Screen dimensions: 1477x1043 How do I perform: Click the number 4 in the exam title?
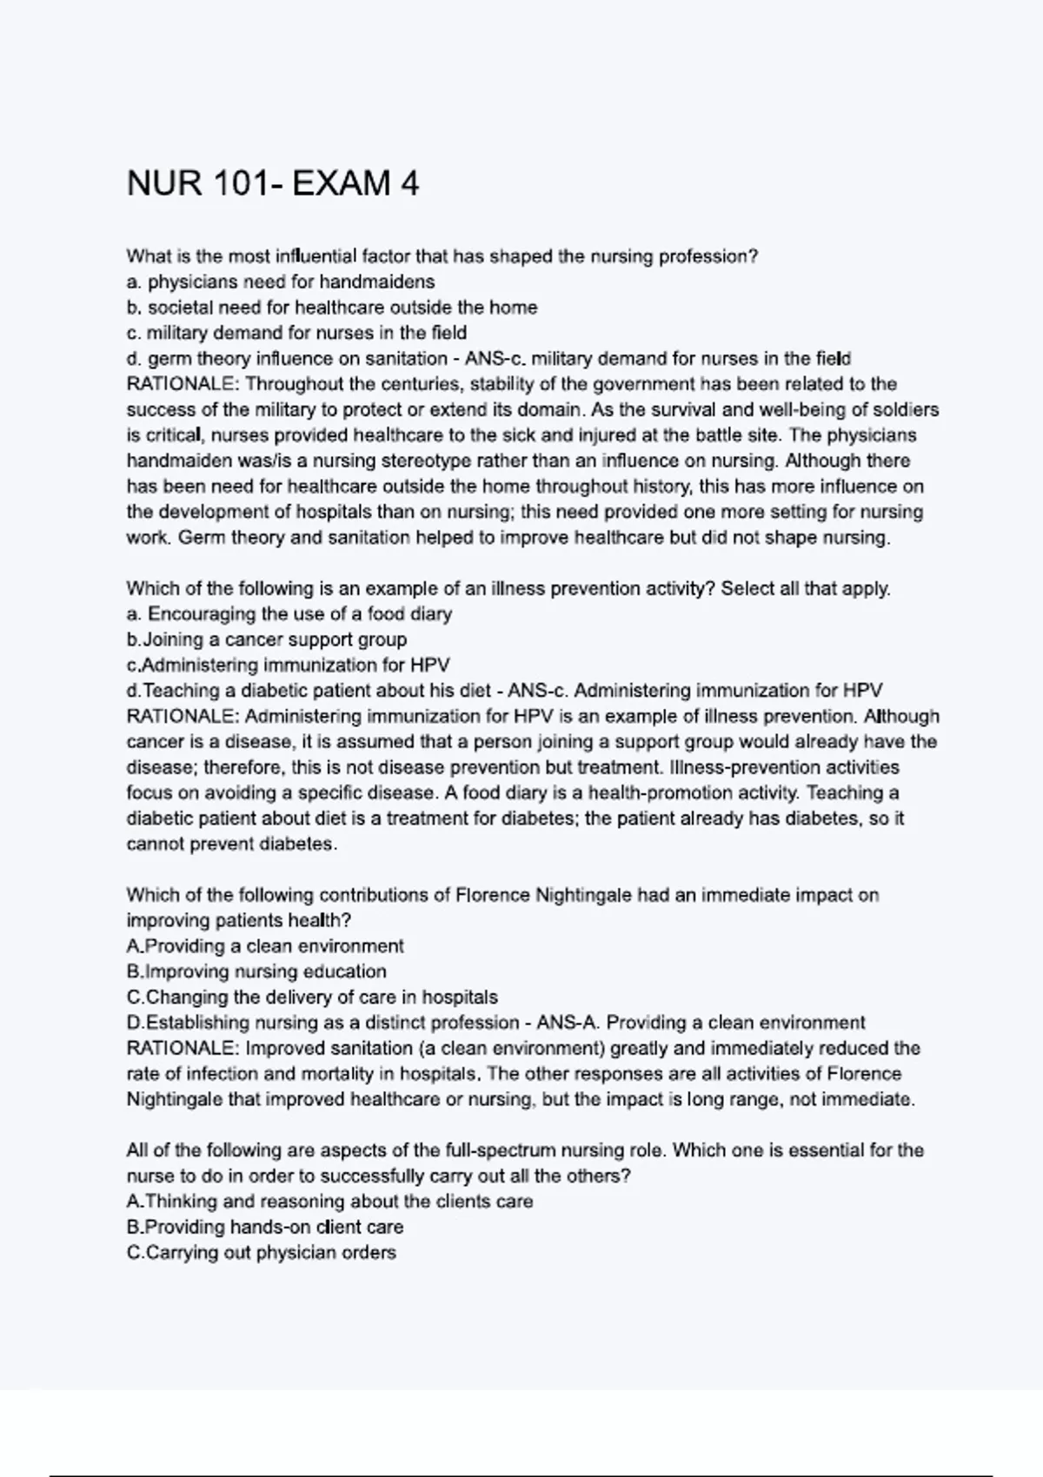409,184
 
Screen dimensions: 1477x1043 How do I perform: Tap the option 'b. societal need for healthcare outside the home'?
331,308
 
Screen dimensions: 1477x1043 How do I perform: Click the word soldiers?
907,409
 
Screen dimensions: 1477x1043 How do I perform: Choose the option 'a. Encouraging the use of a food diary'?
289,614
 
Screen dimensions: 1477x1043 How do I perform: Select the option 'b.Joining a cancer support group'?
266,639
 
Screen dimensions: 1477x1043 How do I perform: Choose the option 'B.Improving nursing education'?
256,971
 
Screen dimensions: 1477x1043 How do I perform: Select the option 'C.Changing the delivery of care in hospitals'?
311,997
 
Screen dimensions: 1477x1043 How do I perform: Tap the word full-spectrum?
500,1150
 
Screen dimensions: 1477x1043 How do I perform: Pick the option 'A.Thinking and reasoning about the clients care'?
329,1202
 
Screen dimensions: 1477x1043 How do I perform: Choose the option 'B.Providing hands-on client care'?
264,1227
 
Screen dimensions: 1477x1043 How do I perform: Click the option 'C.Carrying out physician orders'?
261,1253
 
